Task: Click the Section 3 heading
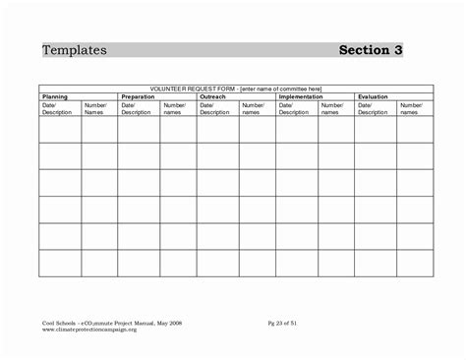pyautogui.click(x=372, y=49)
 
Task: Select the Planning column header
pyautogui.click(x=56, y=97)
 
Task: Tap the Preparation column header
pyautogui.click(x=138, y=97)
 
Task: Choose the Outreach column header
pyautogui.click(x=213, y=97)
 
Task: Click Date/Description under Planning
pyautogui.click(x=57, y=108)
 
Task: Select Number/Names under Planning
pyautogui.click(x=95, y=108)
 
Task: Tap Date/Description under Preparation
pyautogui.click(x=136, y=108)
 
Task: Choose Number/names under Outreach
pyautogui.click(x=253, y=108)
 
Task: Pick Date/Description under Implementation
pyautogui.click(x=293, y=108)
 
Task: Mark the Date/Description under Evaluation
pyautogui.click(x=372, y=108)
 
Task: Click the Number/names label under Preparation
pyautogui.click(x=174, y=108)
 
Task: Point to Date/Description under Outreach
pyautogui.click(x=214, y=108)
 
